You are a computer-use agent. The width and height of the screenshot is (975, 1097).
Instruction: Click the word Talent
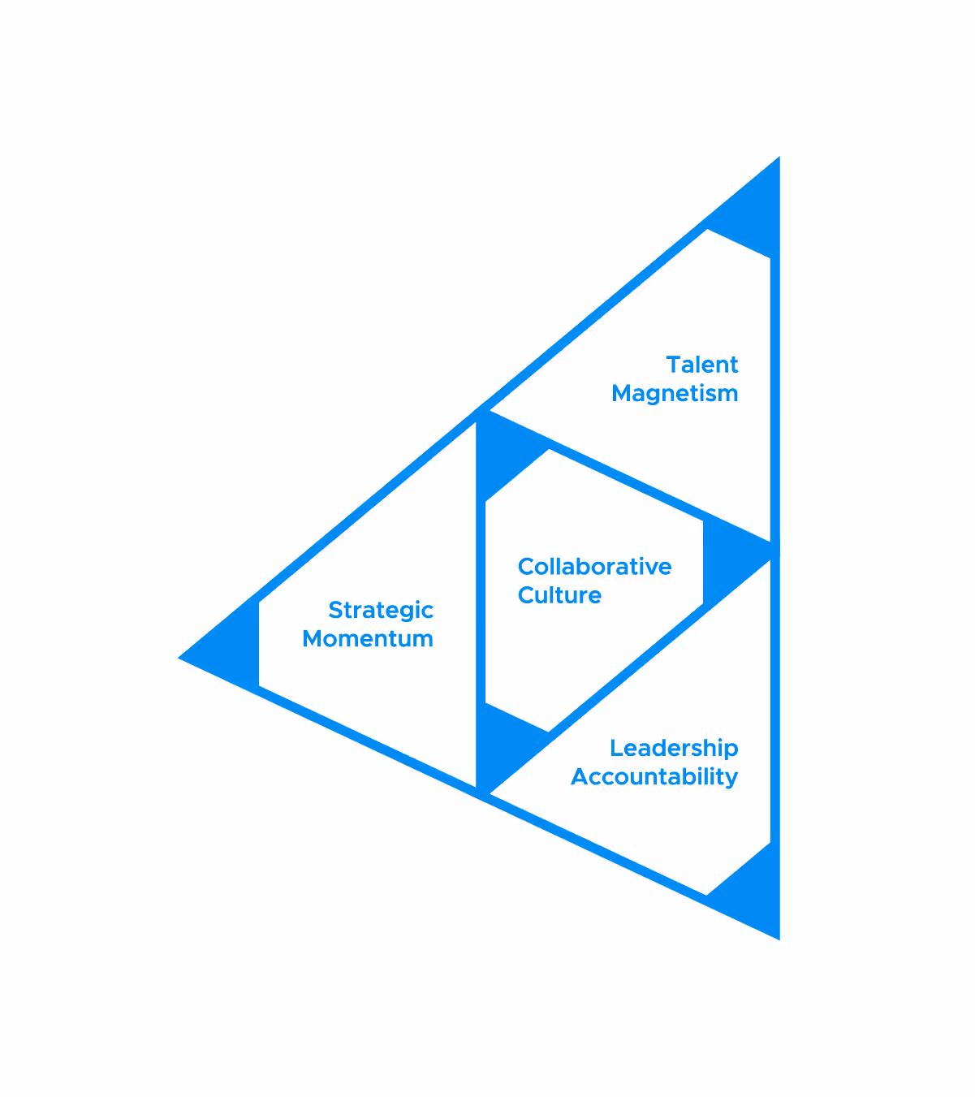tap(702, 365)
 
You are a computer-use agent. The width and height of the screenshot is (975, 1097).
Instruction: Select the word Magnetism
tap(675, 394)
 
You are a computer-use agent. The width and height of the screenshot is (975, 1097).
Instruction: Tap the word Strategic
tap(381, 611)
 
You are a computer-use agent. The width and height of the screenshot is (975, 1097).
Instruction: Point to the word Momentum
tap(368, 639)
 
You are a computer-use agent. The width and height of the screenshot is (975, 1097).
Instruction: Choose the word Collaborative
tap(594, 567)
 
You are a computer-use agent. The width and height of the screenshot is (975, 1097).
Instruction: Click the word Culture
tap(559, 595)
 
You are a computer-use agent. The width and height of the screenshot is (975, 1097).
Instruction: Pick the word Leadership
tap(674, 748)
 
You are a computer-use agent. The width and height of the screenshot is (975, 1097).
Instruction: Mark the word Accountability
tap(654, 777)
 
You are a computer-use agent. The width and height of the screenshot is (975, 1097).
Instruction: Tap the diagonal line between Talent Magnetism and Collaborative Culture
tap(625, 479)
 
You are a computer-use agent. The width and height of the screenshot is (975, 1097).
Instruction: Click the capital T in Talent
tap(674, 365)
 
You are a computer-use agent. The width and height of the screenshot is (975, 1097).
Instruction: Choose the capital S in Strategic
tap(335, 611)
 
